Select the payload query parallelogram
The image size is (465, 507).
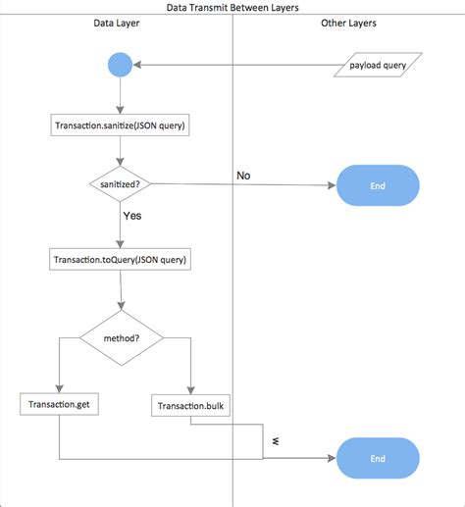[378, 66]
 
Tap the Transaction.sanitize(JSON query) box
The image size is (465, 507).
[119, 125]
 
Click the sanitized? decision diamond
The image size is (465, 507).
[119, 183]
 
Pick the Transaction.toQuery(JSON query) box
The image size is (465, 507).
[119, 260]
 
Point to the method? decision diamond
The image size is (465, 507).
[121, 338]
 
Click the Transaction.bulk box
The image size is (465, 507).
[190, 404]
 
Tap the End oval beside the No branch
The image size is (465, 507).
[378, 184]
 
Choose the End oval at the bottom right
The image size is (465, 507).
[378, 458]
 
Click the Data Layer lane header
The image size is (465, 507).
[116, 22]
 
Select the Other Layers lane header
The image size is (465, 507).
[348, 22]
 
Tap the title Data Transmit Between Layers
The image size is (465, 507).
[232, 7]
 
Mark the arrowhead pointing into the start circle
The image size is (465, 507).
[137, 66]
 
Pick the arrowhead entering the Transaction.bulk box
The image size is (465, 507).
[190, 389]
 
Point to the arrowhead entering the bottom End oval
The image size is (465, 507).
[332, 458]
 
